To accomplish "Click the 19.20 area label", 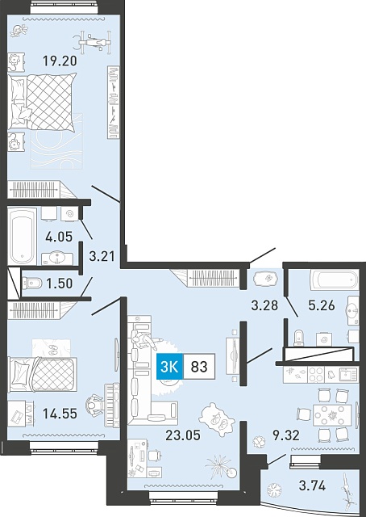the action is tap(60, 61).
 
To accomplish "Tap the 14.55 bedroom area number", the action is tap(60, 413).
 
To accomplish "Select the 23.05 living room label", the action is tap(183, 435).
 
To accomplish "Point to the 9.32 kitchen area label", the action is tap(285, 435).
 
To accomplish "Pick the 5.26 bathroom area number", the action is tap(321, 305).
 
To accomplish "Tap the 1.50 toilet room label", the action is tap(59, 284).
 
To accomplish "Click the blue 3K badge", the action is tap(169, 367).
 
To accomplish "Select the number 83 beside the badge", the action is tap(199, 367).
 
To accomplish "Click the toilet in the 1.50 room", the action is tap(31, 283).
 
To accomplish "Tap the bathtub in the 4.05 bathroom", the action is tap(22, 236).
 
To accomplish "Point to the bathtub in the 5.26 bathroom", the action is tap(334, 280).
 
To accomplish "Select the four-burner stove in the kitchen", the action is tap(316, 375).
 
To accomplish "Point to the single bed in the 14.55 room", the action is tap(43, 375).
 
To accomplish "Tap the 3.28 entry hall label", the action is tap(264, 305).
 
